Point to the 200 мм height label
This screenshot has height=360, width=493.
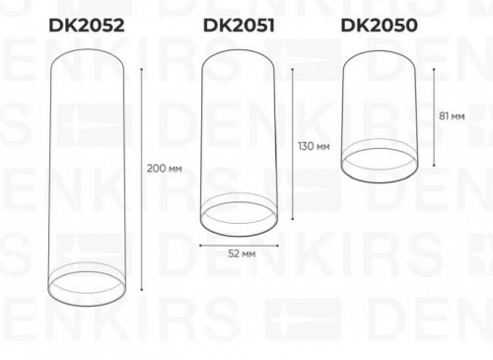click(x=165, y=169)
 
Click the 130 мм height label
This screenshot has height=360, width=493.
click(x=314, y=146)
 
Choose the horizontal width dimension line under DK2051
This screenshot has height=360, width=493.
click(x=239, y=243)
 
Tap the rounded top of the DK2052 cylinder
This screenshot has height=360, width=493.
click(x=87, y=44)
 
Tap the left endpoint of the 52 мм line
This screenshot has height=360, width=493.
click(x=201, y=243)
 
